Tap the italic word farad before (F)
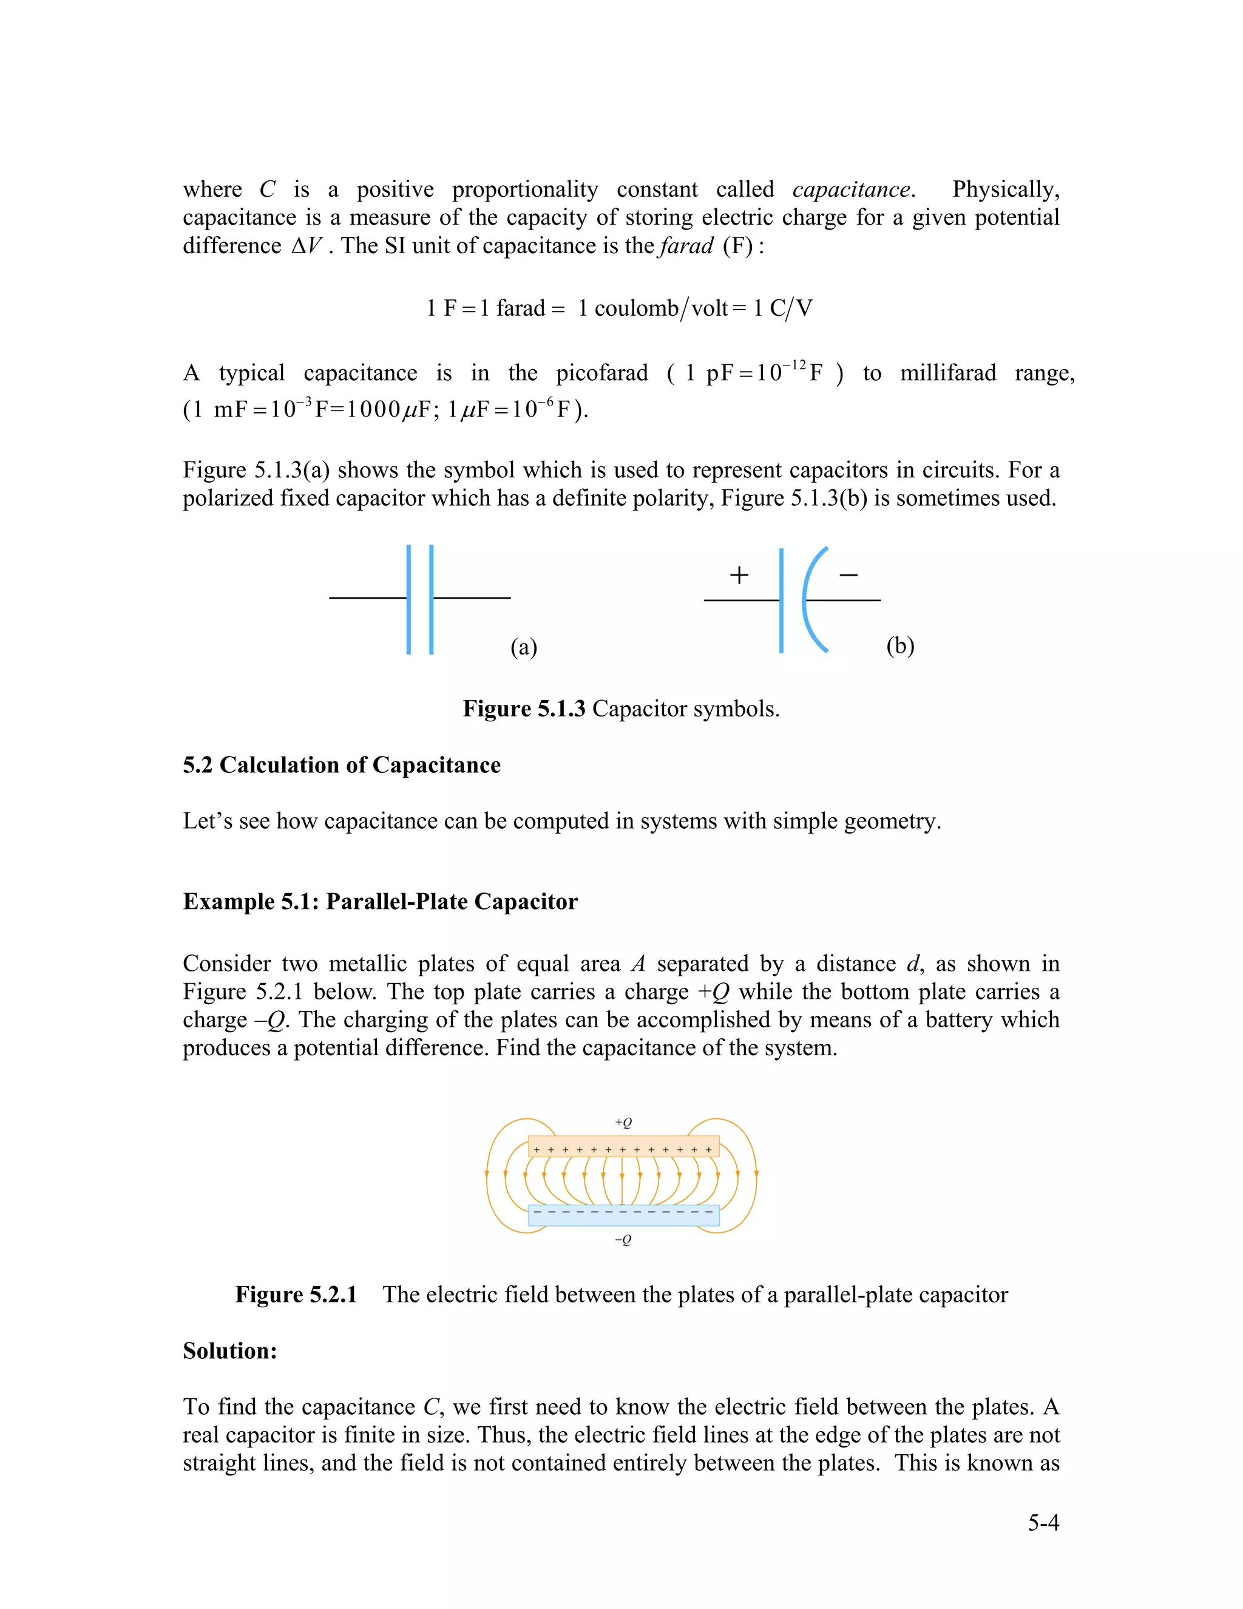pos(686,246)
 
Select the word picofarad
pos(601,373)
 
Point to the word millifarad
pos(947,373)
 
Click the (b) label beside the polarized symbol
pos(900,645)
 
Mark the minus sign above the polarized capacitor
pos(848,574)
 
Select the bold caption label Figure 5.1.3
pos(524,709)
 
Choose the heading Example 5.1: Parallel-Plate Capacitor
pos(380,902)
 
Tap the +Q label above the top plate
pos(623,1123)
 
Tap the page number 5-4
pos(1043,1522)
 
